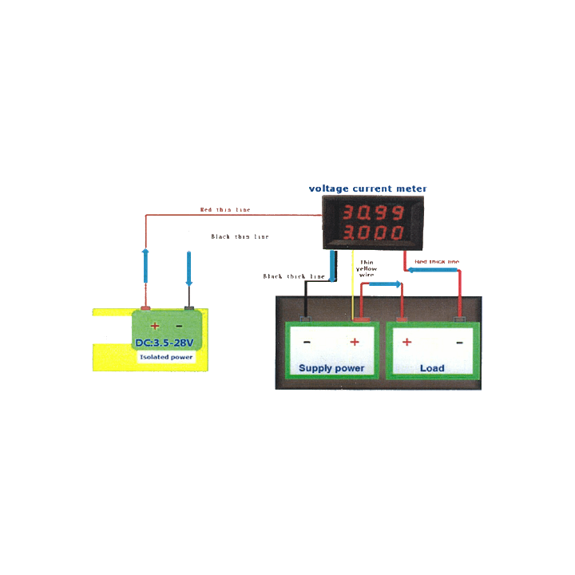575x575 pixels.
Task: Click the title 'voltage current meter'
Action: point(368,189)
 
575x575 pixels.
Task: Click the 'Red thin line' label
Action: point(224,209)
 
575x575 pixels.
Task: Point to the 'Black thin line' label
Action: point(240,236)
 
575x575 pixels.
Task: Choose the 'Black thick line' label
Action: point(294,276)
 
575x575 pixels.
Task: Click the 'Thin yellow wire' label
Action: point(367,268)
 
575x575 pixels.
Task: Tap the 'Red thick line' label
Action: point(437,261)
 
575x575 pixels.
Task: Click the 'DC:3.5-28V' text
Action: point(164,343)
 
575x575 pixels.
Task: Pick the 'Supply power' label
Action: point(331,368)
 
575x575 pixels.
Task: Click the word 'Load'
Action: point(432,368)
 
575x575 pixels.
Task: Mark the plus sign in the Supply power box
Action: point(355,342)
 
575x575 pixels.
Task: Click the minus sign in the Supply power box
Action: point(307,342)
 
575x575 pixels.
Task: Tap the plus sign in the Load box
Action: point(406,342)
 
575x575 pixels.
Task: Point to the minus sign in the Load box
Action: point(459,342)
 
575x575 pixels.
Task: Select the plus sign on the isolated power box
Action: point(155,326)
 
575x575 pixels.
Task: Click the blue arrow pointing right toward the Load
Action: point(387,284)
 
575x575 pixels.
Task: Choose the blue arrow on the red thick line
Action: point(434,270)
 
